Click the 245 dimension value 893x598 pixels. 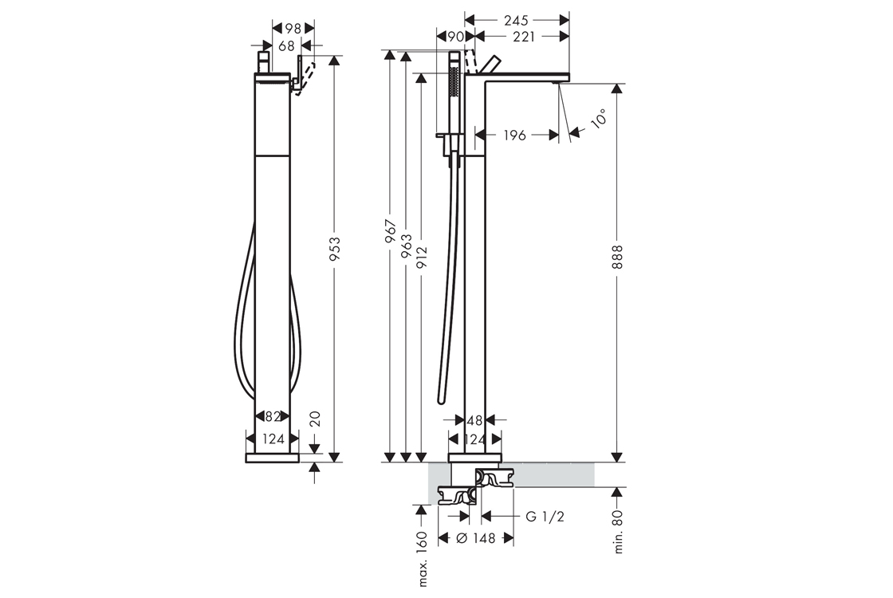515,20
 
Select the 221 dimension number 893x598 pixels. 524,37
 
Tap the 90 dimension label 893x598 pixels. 455,37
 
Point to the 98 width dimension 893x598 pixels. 293,28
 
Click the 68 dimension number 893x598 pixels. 286,45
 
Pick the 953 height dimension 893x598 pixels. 335,249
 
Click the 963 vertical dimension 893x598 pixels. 406,246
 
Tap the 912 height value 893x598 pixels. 422,259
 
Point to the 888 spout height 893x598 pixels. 618,257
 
